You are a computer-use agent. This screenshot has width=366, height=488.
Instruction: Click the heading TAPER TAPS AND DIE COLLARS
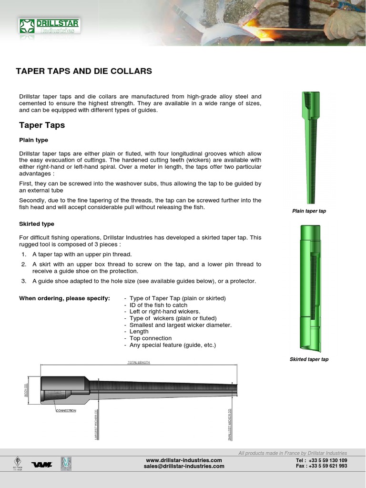(x=84, y=71)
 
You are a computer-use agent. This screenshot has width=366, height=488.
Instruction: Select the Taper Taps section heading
(x=42, y=125)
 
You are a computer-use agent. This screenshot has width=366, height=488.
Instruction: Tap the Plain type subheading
(x=33, y=140)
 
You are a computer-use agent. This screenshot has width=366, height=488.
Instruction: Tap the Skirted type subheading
(x=37, y=224)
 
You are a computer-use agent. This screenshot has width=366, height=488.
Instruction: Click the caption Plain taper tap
(x=309, y=211)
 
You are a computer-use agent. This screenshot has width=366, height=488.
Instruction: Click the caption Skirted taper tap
(x=309, y=359)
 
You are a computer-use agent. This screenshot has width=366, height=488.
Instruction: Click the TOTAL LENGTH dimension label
(x=139, y=363)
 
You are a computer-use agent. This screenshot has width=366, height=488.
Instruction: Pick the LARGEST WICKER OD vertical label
(x=96, y=424)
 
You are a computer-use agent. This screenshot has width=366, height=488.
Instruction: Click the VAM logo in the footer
(x=42, y=464)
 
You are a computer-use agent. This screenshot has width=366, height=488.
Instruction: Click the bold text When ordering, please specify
(x=64, y=298)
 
